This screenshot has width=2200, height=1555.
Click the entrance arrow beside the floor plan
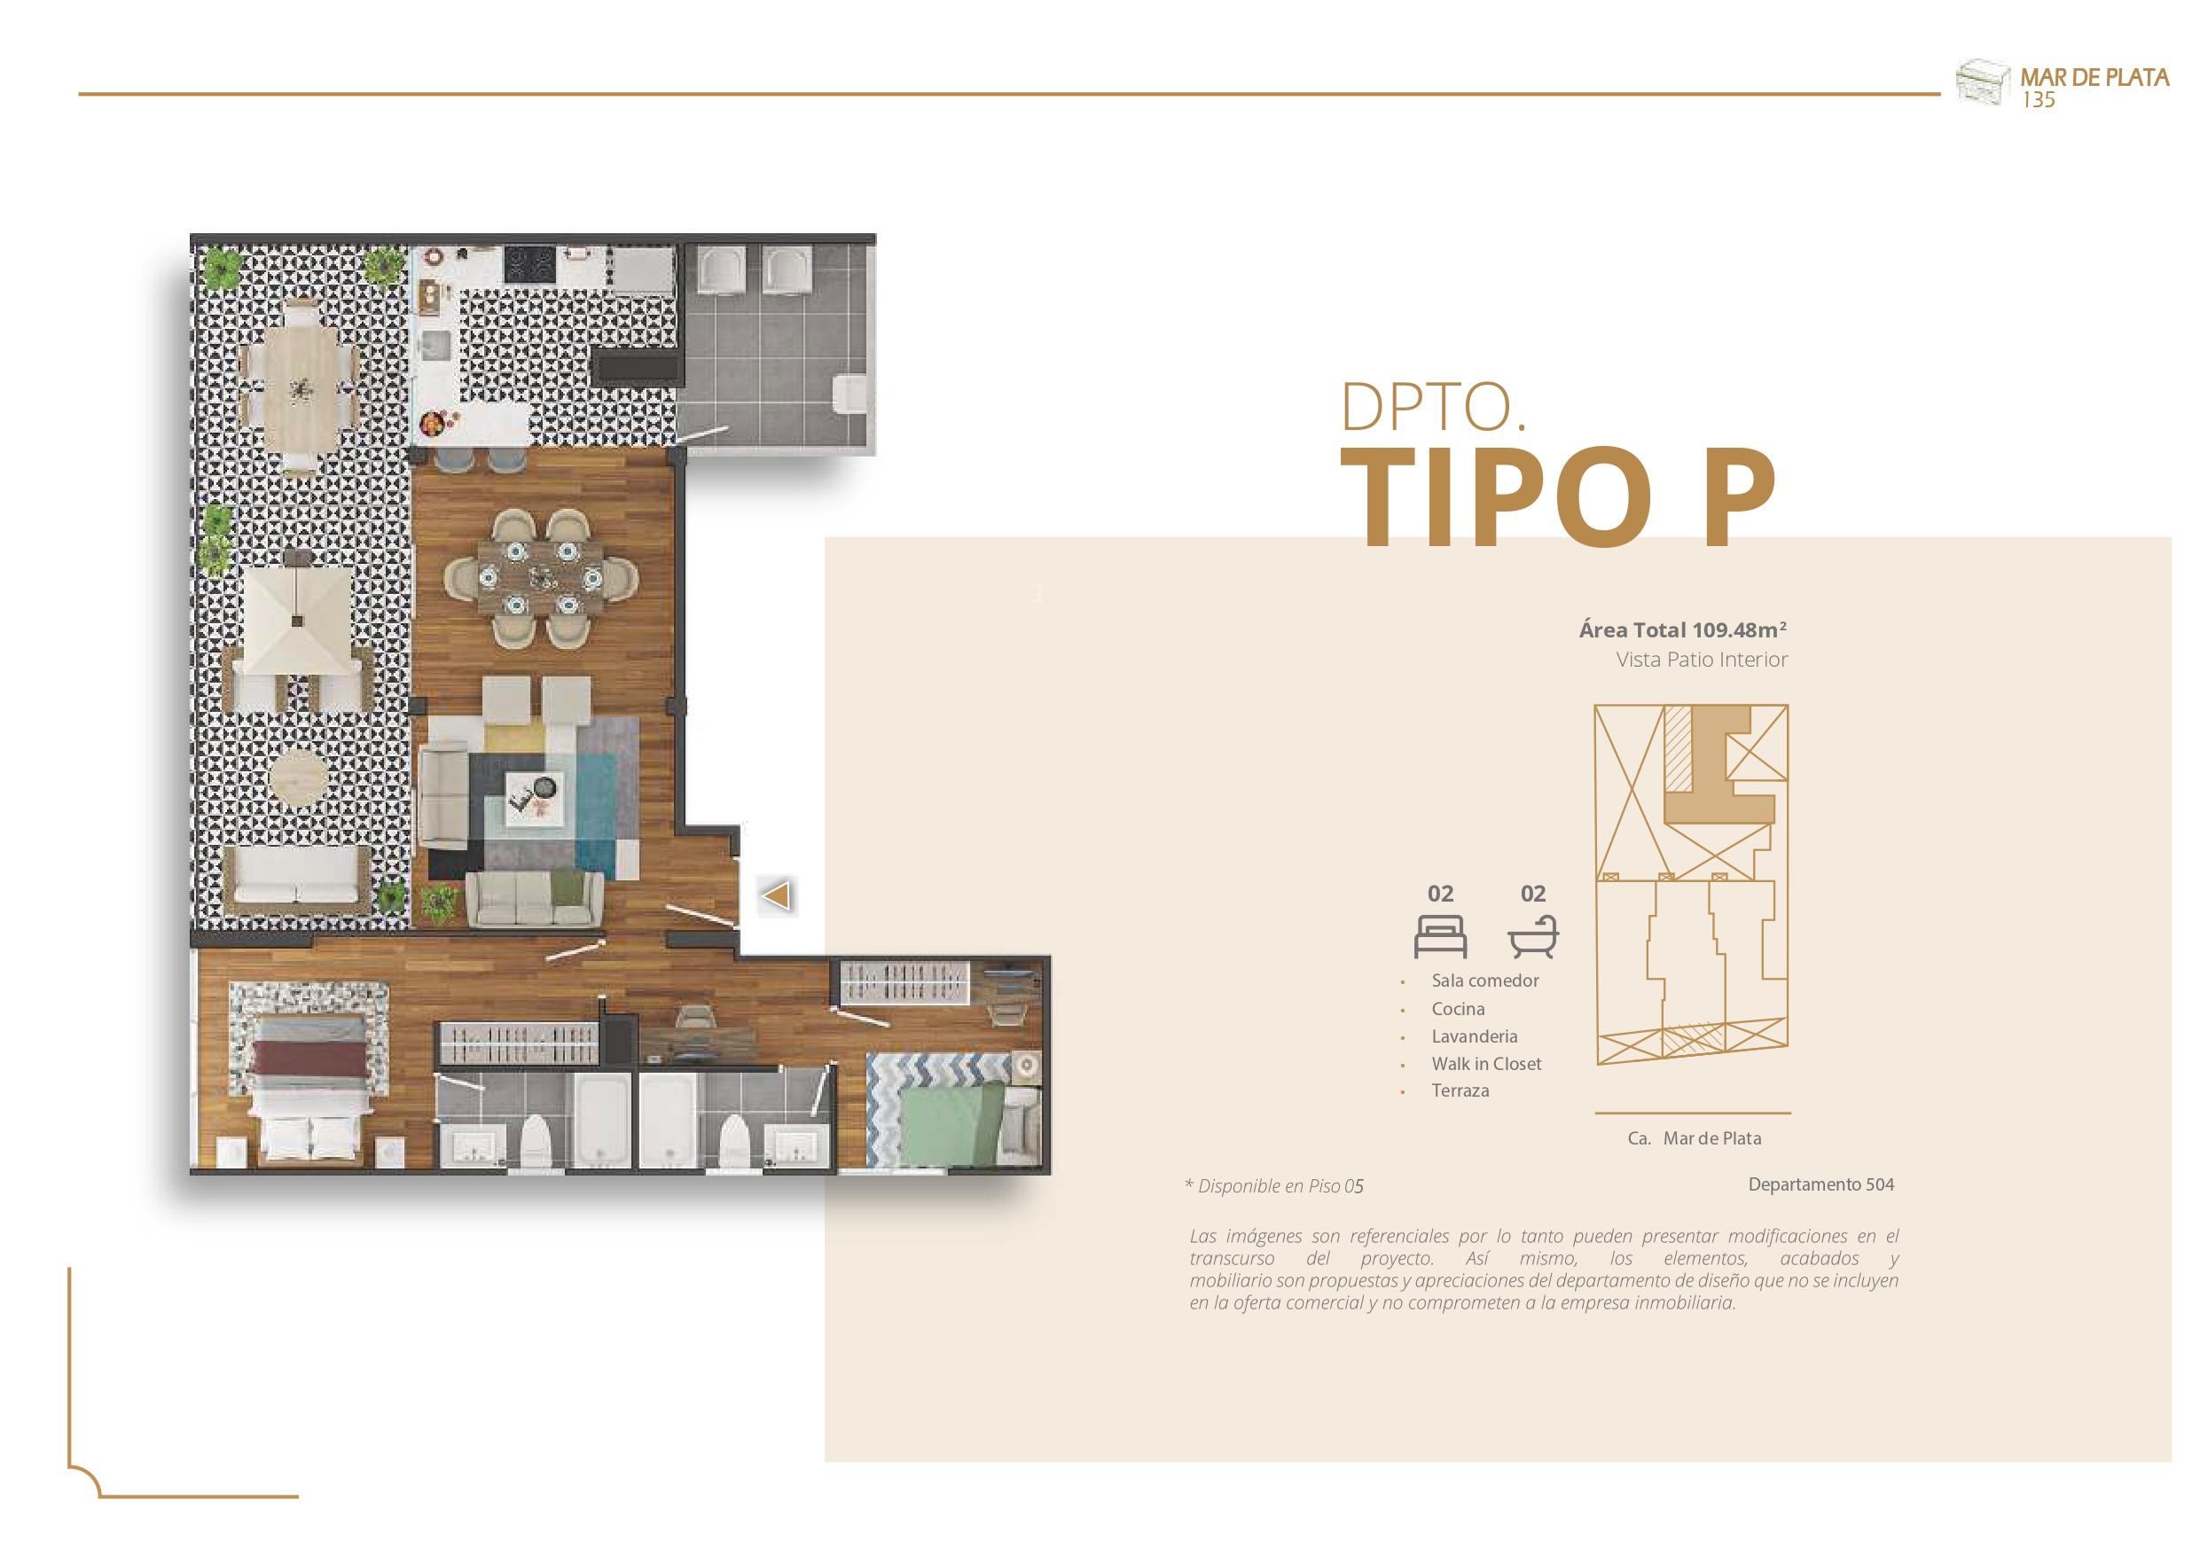(776, 895)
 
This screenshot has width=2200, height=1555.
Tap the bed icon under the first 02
(1440, 936)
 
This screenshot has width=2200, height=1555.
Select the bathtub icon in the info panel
(1533, 936)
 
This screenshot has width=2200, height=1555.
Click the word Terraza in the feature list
(1460, 1090)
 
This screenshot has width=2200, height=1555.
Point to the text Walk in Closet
(1486, 1064)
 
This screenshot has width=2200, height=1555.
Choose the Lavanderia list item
(1475, 1036)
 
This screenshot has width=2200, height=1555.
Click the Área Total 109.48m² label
(1682, 629)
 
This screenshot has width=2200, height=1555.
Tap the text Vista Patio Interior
(1702, 660)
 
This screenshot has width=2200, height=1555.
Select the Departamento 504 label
(1820, 1184)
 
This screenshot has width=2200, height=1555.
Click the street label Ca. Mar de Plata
(1694, 1138)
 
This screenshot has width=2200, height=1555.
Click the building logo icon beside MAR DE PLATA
(1982, 82)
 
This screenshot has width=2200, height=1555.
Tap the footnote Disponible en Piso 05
(1273, 1186)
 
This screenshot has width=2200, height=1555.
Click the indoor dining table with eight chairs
(540, 579)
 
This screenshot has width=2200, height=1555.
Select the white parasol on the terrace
(297, 621)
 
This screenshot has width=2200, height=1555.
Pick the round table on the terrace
(298, 777)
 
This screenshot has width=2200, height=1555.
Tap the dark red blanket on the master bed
(309, 1061)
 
